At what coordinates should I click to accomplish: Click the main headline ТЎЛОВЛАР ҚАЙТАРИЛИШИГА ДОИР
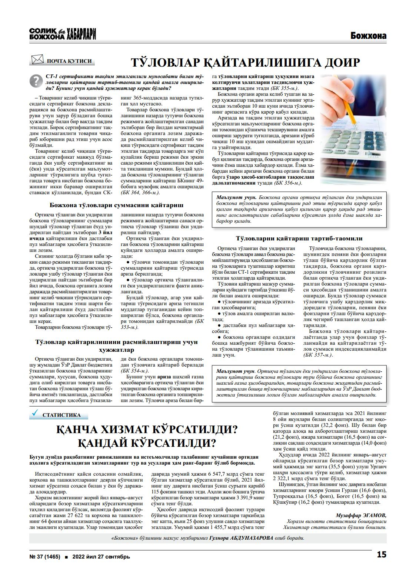[x=246, y=62]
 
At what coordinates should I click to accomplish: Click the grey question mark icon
[x=36, y=80]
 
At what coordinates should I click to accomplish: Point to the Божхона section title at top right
[x=368, y=36]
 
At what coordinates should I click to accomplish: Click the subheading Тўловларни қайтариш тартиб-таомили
[x=299, y=239]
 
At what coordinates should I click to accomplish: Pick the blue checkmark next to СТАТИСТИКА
[x=36, y=413]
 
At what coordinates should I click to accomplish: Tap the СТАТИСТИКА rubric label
[x=61, y=415]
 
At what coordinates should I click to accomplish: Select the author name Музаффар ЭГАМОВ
[x=361, y=515]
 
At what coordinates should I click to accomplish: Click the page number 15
[x=381, y=554]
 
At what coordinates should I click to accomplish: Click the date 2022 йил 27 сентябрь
[x=101, y=556]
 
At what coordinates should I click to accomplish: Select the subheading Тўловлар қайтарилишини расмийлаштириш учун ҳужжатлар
[x=116, y=345]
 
